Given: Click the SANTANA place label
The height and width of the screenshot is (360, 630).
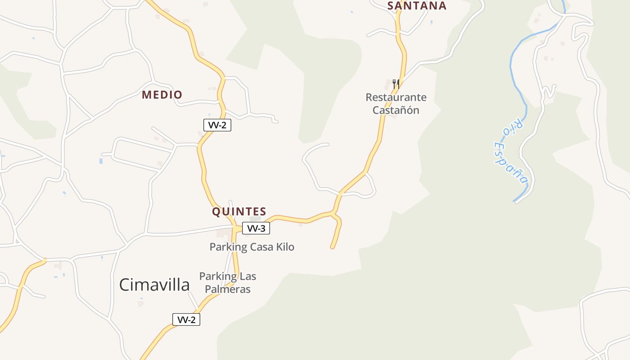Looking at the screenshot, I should pyautogui.click(x=417, y=5).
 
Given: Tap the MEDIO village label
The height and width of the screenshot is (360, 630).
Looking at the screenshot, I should pyautogui.click(x=162, y=95).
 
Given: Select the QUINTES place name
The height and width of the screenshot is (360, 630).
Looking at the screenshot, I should pyautogui.click(x=239, y=211).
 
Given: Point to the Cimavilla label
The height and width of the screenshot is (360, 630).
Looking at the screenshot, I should pyautogui.click(x=154, y=285).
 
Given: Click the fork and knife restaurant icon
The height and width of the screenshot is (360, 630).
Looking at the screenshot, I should pyautogui.click(x=396, y=84).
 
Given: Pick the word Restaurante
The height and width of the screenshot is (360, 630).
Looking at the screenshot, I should pyautogui.click(x=396, y=97).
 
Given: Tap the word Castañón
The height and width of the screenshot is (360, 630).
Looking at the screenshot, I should pyautogui.click(x=396, y=110).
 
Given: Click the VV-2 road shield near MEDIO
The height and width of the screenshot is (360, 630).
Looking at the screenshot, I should pyautogui.click(x=217, y=125).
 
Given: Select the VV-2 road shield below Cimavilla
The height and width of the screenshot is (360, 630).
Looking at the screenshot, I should pyautogui.click(x=186, y=319).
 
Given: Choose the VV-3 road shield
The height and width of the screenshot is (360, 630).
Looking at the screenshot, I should pyautogui.click(x=256, y=228).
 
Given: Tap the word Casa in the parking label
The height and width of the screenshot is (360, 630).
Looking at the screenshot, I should pyautogui.click(x=261, y=247).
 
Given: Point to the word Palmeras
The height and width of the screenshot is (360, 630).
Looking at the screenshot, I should pyautogui.click(x=228, y=289).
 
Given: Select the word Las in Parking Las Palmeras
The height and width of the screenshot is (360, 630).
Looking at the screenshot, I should pyautogui.click(x=247, y=276).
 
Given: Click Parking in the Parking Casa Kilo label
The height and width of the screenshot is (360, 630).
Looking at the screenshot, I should pyautogui.click(x=229, y=247).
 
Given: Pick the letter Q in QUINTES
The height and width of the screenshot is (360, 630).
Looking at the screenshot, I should pyautogui.click(x=216, y=211).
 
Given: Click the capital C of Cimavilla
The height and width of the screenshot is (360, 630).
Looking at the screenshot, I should pyautogui.click(x=126, y=285).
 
